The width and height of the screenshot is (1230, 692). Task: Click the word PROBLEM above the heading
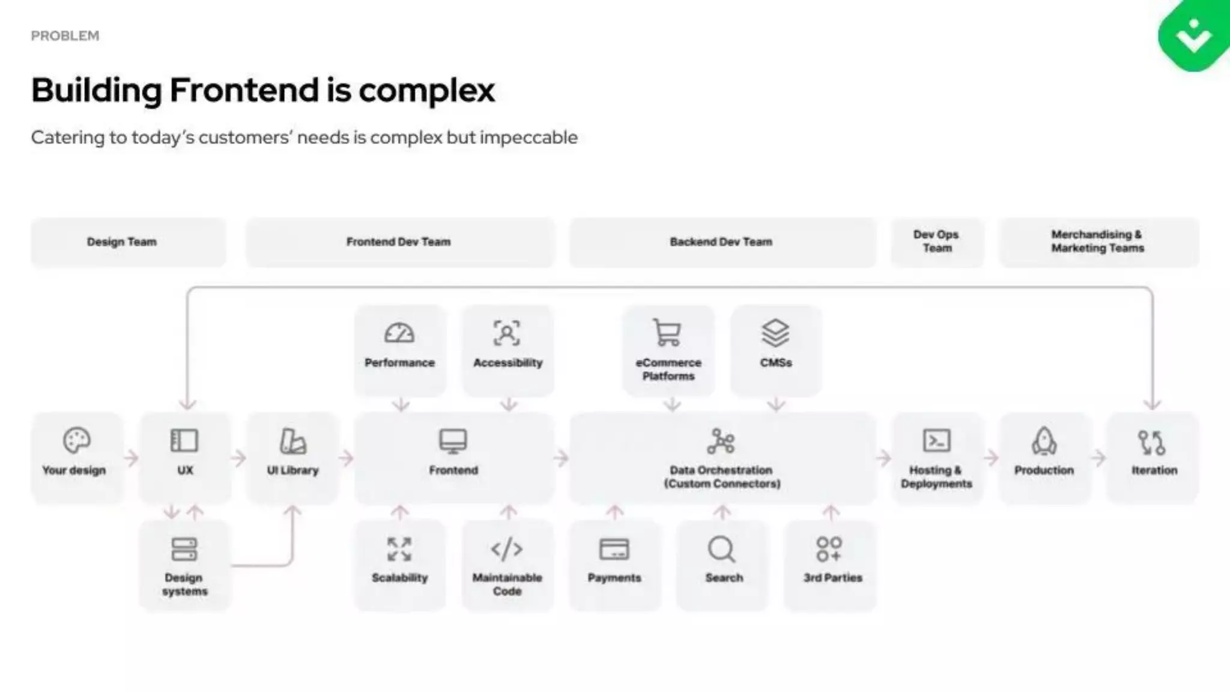coord(65,36)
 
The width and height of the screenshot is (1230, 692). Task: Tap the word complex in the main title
coord(426,90)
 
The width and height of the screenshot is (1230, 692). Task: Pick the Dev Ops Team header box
coord(937,241)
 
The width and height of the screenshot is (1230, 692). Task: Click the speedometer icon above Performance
coord(399,333)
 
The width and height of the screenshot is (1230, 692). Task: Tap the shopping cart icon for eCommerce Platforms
coord(667,332)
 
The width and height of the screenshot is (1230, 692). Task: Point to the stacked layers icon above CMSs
coord(775,332)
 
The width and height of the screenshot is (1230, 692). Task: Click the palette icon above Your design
coord(76,440)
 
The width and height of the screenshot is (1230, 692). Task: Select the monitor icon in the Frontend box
coord(453,441)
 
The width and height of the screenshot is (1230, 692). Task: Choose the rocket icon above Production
coord(1044,441)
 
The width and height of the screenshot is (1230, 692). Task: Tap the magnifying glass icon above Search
coord(721,549)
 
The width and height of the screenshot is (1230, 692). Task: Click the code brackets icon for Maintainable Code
coord(507,549)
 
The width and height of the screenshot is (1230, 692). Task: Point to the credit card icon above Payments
coord(614,549)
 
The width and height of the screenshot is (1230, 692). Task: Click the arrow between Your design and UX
coord(131,458)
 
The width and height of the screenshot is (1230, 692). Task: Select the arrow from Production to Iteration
coord(1098,458)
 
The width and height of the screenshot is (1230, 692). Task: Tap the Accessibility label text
coord(507,363)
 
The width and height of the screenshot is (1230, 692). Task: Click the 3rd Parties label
coord(832,578)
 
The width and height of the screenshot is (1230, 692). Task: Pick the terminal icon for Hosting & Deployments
coord(936,440)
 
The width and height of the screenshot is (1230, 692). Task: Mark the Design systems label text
coord(184,584)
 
